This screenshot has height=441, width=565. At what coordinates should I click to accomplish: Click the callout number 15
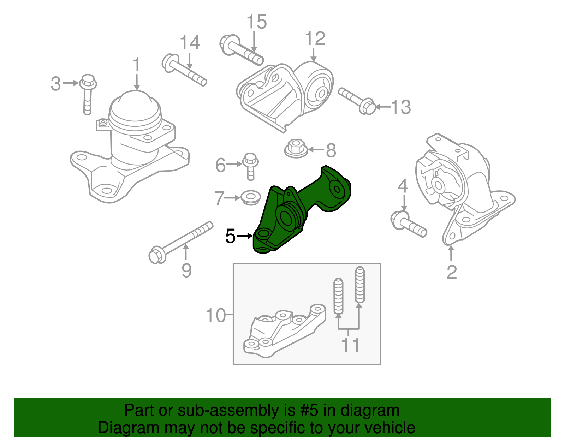tap(256, 22)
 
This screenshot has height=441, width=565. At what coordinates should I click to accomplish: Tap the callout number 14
tap(190, 43)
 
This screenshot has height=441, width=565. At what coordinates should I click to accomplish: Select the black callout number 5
tap(230, 236)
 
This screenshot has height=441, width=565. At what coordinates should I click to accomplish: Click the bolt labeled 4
tap(408, 224)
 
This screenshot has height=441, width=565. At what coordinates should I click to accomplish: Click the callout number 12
tap(315, 38)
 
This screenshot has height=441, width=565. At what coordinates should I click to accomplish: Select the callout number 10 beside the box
tap(215, 315)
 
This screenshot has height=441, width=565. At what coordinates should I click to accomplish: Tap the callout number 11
tap(350, 345)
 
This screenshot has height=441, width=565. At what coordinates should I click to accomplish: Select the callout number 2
tap(452, 272)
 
